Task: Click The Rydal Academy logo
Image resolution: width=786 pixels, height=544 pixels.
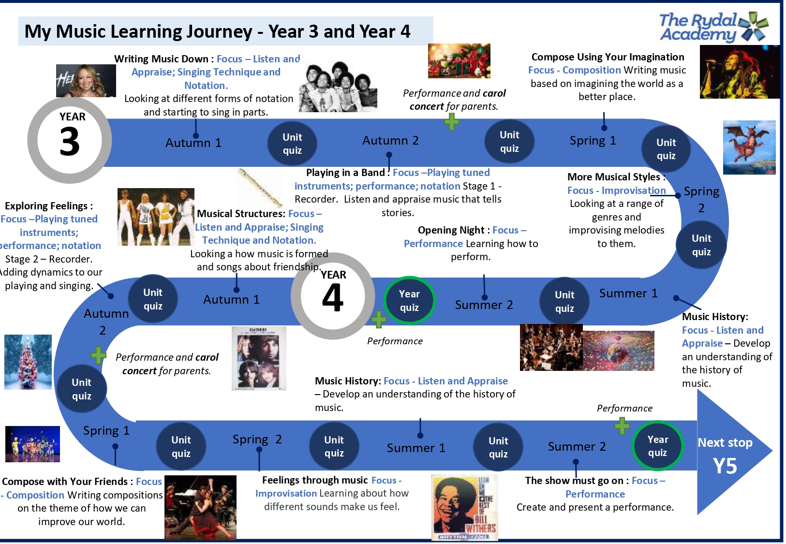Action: pos(714,28)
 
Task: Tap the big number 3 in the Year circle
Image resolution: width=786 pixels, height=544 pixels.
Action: pos(70,141)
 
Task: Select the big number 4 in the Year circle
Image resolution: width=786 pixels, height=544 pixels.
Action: pos(332,297)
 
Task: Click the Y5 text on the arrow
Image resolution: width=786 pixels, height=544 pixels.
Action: pos(725,466)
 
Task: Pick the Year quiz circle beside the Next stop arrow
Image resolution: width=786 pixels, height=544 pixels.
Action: pos(657,446)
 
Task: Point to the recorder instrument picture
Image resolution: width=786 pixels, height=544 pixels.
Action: pos(260,188)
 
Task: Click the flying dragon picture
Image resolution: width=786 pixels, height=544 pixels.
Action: pos(749,147)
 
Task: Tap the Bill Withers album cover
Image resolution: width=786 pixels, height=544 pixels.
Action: pos(464,508)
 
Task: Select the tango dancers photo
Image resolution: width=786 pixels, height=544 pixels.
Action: pos(200,507)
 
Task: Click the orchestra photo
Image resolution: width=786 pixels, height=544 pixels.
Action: pos(551,347)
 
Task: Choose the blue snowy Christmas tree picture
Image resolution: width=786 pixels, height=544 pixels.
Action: pos(28,362)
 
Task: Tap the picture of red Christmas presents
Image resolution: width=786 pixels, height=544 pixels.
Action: pos(459,60)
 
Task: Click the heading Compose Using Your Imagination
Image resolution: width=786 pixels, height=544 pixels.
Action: pos(608,57)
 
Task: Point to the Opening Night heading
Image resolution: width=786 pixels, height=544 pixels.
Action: pos(451,230)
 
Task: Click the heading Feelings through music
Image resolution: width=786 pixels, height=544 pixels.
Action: pos(315,480)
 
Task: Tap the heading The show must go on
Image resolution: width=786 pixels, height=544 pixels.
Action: pos(574,481)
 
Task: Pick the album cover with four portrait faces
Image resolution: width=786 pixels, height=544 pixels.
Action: pos(259,358)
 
